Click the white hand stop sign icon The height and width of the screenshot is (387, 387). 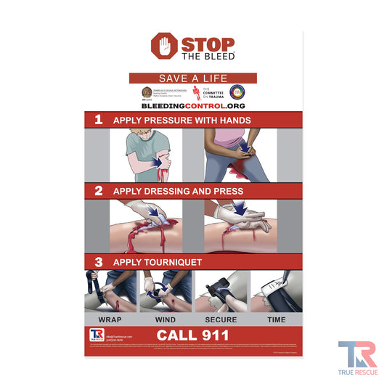tap(163, 46)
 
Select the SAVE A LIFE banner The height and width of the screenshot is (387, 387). tap(193, 78)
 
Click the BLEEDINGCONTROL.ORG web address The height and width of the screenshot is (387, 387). tap(193, 105)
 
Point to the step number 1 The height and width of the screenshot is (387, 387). tap(98, 121)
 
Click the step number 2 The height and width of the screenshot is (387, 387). tap(98, 191)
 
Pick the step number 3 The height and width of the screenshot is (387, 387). tap(98, 261)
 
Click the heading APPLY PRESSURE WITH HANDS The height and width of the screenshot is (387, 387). tap(182, 121)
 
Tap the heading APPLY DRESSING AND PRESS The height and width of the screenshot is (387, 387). tap(178, 191)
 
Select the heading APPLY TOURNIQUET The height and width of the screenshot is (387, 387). tap(157, 261)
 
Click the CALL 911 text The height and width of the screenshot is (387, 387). tap(193, 335)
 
